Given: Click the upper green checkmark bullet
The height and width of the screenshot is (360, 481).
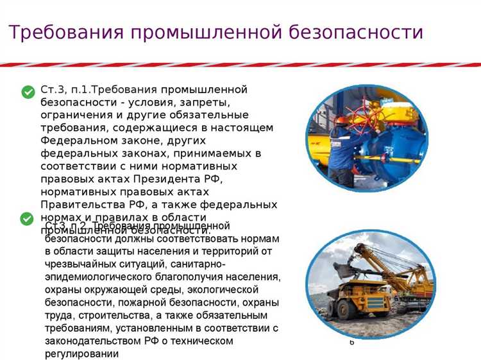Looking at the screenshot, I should (x=28, y=92).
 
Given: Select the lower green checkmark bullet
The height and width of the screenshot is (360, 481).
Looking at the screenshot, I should (x=28, y=218).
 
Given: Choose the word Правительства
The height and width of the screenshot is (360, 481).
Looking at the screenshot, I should (x=80, y=205).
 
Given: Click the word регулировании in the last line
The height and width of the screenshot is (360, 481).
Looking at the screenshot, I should (x=83, y=354).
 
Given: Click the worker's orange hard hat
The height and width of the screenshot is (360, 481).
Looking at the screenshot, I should (x=341, y=119).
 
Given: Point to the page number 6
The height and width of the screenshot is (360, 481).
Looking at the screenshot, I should (x=351, y=343).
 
